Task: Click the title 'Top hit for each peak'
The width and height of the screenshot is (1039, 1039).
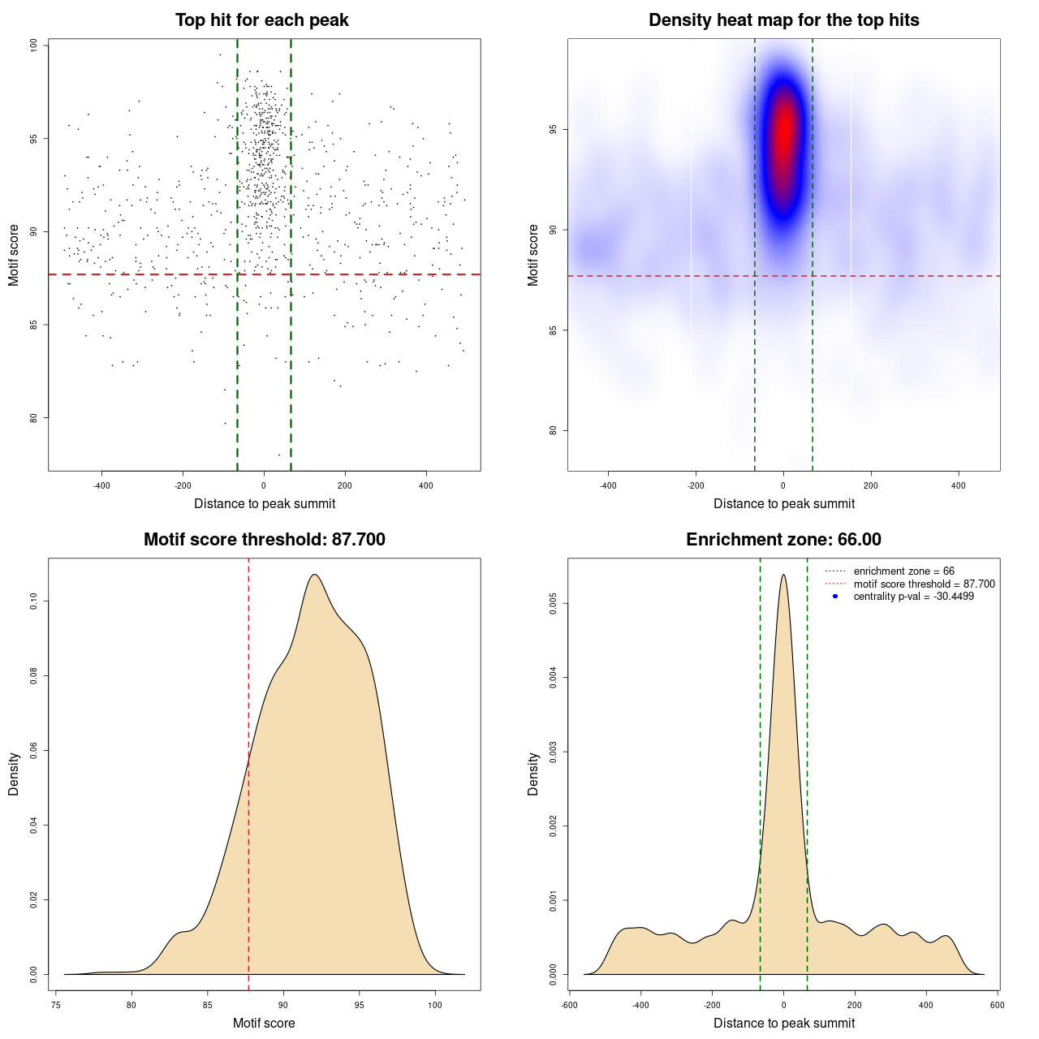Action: point(261,20)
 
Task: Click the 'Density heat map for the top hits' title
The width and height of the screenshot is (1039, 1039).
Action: point(783,20)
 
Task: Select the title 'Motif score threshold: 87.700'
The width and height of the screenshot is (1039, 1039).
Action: point(264,540)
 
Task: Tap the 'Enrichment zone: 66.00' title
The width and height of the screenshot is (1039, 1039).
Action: point(783,540)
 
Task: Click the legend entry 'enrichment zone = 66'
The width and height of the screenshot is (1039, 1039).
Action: point(903,571)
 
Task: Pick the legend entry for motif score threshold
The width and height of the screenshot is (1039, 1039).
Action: point(924,584)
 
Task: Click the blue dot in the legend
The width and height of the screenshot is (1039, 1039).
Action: point(835,597)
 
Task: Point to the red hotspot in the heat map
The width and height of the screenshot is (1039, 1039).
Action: point(784,130)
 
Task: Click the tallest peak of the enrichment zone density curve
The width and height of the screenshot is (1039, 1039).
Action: point(783,575)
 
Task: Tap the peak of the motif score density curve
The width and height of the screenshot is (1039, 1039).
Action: point(314,575)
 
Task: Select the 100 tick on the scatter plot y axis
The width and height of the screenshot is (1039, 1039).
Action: point(33,45)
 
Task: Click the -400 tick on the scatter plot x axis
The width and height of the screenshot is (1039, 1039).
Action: point(101,485)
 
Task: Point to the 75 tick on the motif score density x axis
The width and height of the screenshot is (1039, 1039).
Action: point(55,1005)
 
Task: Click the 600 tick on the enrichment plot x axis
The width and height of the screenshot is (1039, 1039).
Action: point(998,1005)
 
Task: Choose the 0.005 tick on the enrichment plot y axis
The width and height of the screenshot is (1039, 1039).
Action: point(553,603)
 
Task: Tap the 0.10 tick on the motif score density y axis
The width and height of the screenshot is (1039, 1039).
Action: point(33,601)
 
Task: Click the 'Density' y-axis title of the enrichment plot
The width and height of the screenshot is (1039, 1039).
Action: point(533,774)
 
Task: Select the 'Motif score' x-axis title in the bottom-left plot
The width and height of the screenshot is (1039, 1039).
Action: point(264,1023)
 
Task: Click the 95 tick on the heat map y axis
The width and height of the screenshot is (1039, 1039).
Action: point(553,130)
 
